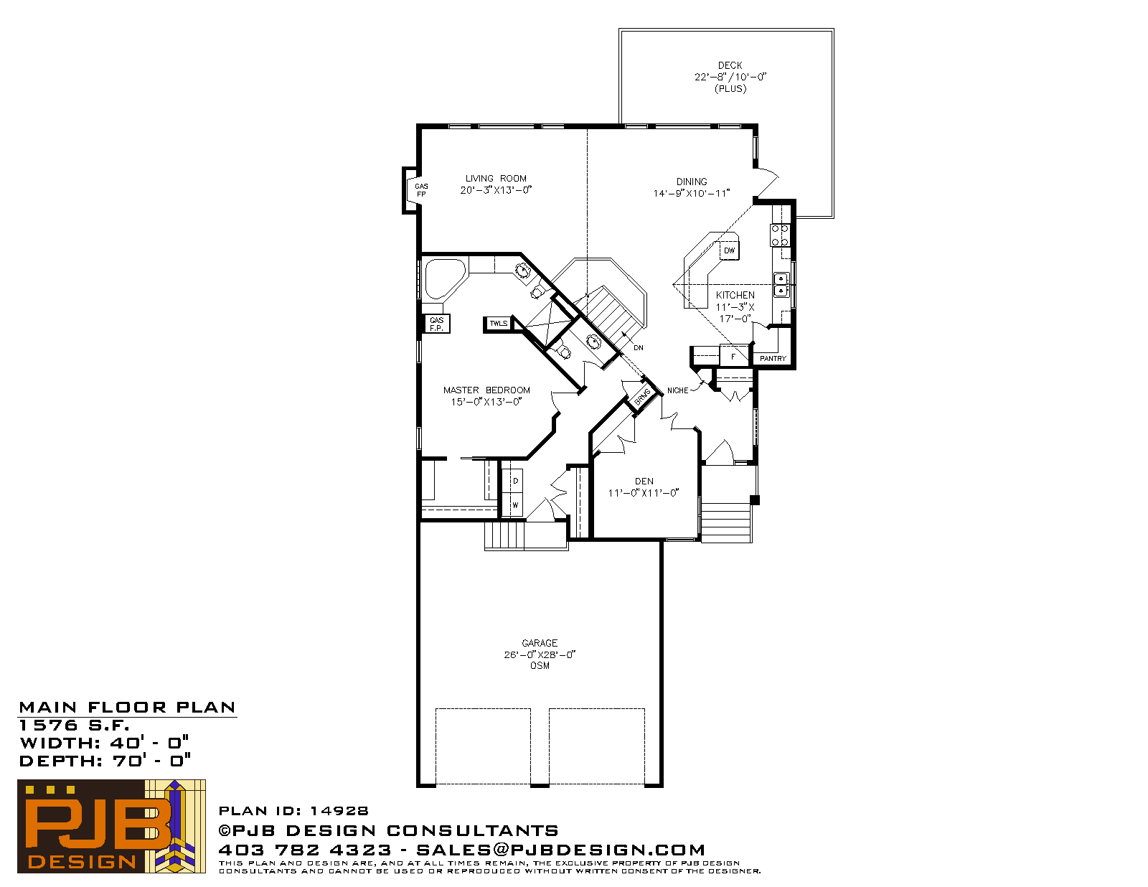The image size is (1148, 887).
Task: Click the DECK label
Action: click(730, 65)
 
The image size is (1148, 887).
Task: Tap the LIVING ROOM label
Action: click(496, 179)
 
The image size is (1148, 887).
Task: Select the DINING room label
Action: click(692, 182)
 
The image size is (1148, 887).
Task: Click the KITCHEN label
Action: click(735, 296)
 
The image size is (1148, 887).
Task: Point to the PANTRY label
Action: click(773, 359)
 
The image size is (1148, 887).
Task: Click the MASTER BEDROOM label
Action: click(486, 390)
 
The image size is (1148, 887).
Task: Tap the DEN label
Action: click(644, 482)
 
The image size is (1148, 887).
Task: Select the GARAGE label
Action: click(540, 643)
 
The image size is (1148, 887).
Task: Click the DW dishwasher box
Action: click(729, 250)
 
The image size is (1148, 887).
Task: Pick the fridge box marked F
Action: click(734, 356)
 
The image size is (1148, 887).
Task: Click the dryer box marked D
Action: click(515, 481)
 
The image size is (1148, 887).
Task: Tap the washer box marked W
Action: click(515, 504)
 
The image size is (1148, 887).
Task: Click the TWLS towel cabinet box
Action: click(498, 324)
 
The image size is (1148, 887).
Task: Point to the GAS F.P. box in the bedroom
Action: click(438, 324)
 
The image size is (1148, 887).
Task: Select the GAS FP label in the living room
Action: click(421, 190)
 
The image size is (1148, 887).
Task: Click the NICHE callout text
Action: click(678, 391)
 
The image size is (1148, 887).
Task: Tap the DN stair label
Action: click(638, 347)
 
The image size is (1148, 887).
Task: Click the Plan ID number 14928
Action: click(339, 811)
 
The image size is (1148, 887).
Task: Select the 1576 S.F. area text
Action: click(74, 725)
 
